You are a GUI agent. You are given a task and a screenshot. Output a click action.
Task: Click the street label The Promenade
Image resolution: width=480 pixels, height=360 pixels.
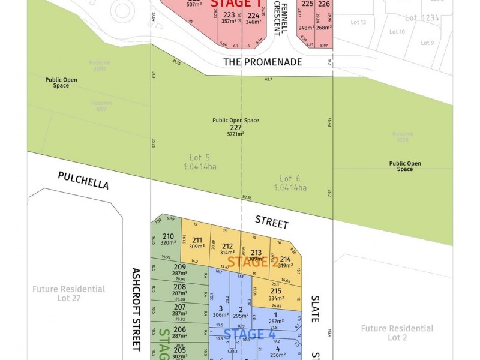point(262,62)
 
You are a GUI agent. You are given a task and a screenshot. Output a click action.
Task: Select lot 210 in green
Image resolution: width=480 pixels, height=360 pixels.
point(168,239)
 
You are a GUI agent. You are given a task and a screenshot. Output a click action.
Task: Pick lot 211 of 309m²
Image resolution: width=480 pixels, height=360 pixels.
point(196,243)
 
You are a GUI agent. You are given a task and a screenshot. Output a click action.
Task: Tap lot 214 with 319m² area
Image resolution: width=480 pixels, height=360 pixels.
point(285,262)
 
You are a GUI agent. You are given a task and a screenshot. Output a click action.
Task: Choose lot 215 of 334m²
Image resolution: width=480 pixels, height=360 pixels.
point(276,295)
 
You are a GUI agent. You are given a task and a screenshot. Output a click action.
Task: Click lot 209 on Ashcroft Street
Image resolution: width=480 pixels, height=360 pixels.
point(179,270)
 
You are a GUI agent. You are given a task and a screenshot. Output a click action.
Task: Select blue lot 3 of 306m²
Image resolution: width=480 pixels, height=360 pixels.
point(221,311)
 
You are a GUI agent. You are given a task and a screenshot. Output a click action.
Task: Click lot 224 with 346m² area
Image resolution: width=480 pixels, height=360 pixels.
point(254,19)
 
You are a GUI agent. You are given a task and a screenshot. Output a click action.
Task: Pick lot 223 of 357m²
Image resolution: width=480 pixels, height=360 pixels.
point(229,17)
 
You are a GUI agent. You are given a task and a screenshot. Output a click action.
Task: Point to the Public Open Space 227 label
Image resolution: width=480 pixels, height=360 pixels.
point(236,127)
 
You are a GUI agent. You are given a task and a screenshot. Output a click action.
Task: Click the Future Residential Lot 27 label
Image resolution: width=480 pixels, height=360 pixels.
point(70,293)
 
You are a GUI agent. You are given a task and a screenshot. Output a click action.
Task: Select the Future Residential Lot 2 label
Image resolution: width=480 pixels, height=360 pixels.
point(397,332)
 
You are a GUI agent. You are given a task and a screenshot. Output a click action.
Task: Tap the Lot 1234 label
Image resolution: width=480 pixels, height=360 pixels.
point(419,18)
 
